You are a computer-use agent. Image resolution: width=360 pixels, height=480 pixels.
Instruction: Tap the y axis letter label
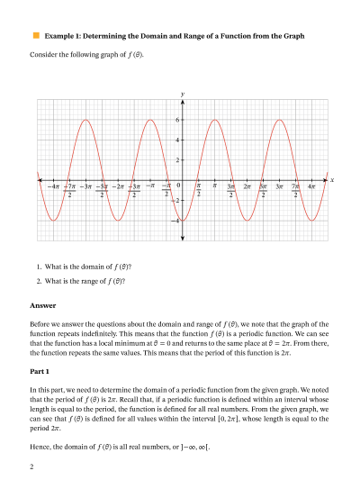(183, 94)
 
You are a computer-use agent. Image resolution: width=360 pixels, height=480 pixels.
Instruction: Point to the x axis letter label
(332, 180)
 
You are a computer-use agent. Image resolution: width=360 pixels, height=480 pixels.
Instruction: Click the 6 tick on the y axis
(177, 120)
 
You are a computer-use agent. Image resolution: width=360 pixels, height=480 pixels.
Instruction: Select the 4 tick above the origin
(177, 140)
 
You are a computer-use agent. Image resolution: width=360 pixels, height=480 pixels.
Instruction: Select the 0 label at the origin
(178, 186)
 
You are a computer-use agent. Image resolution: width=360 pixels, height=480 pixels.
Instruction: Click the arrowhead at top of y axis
(183, 102)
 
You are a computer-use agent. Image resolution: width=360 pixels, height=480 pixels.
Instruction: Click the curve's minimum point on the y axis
(183, 220)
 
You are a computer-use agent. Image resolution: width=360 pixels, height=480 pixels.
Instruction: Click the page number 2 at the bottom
(31, 466)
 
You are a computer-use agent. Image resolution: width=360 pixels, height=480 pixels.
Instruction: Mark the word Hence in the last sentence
(40, 446)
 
